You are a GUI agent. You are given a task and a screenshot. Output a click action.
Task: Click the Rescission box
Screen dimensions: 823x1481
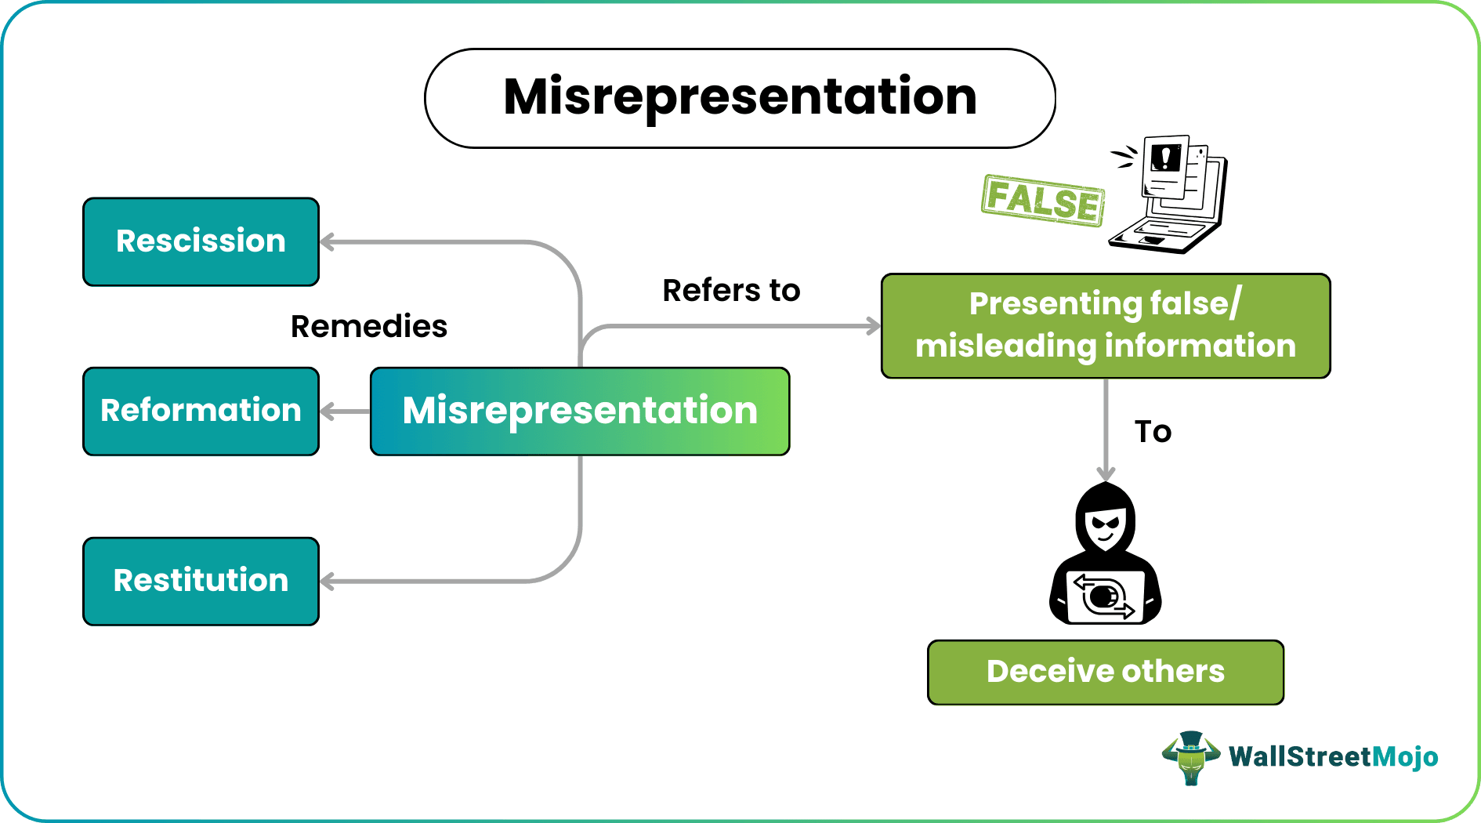point(201,241)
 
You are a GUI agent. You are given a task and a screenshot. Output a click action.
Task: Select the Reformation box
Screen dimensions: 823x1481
point(201,411)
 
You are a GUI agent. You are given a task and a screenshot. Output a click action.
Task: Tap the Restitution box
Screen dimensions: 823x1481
point(201,581)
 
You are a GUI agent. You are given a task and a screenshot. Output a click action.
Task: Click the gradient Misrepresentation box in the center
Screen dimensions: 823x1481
point(580,411)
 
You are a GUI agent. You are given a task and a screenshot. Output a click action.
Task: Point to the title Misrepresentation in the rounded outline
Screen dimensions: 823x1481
point(740,97)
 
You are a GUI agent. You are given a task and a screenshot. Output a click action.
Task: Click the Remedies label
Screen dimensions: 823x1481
point(368,326)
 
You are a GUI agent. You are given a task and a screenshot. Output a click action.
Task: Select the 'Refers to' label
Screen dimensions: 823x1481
point(730,290)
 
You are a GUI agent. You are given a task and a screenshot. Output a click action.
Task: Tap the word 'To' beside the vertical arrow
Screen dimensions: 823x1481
point(1153,432)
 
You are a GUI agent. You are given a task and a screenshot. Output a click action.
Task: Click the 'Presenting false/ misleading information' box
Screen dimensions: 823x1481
point(1105,325)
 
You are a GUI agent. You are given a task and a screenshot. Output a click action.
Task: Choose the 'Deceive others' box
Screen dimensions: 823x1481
point(1105,672)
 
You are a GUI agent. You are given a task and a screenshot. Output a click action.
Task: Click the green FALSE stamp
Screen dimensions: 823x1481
point(1042,201)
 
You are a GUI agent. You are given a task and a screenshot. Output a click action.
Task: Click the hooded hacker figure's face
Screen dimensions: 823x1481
point(1106,523)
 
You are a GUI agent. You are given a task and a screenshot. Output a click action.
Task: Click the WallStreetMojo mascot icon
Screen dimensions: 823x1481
point(1190,757)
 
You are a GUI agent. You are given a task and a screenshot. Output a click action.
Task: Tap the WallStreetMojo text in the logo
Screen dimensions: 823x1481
point(1333,756)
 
